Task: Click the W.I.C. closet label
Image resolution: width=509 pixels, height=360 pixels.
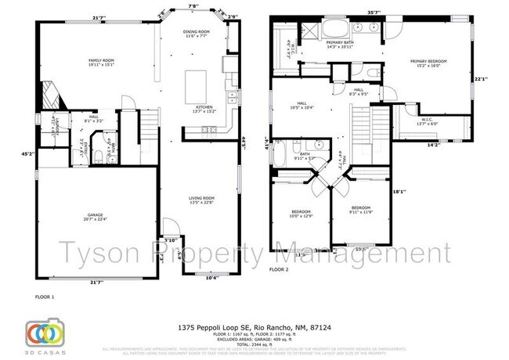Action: (x=429, y=121)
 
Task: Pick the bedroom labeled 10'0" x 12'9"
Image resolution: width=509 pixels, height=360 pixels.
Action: (x=301, y=214)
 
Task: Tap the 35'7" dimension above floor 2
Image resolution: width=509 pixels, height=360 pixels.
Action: (x=373, y=11)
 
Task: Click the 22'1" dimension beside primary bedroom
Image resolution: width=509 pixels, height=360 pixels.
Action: (x=481, y=78)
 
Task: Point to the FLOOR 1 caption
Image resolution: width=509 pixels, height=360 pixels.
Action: (x=46, y=297)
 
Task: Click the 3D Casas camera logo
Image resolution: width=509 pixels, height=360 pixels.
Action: (x=44, y=332)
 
